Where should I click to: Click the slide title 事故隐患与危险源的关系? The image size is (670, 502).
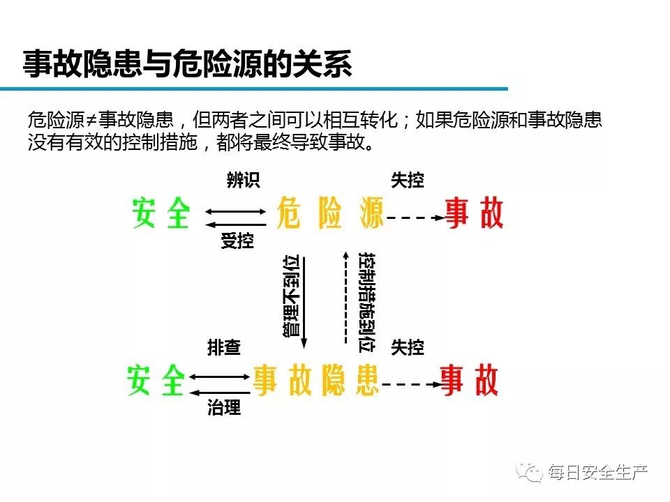pos(188,63)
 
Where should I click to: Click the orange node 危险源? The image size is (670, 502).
pos(330,213)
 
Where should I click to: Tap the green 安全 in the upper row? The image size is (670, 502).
pos(161,213)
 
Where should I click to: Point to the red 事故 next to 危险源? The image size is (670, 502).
pos(475,213)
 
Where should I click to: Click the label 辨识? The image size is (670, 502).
pos(243,181)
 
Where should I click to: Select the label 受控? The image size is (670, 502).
pos(237,242)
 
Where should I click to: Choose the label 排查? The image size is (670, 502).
pos(224,347)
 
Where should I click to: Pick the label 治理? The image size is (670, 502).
pos(224,409)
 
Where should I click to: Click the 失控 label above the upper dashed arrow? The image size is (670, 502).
pos(407,181)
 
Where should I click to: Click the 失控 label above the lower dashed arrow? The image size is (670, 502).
pos(407,347)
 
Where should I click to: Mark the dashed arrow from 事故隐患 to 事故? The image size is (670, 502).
pos(410,384)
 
